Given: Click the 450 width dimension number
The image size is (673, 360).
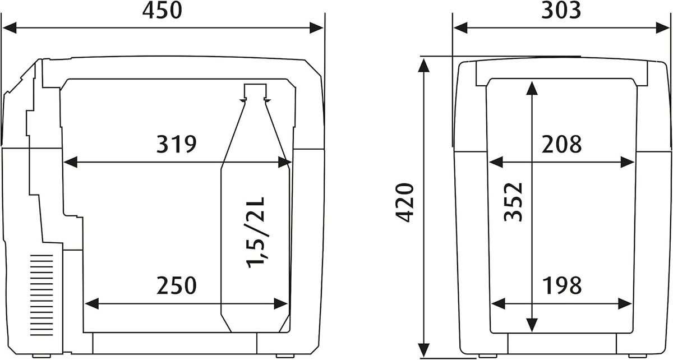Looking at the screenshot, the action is pos(162,11).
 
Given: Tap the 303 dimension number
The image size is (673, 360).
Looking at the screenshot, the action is pos(561,11).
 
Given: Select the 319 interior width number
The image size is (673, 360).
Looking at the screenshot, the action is pos(176,144).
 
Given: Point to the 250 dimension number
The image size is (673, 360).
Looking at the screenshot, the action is pos(176,285).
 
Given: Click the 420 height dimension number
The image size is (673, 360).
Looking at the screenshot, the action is pos(404,203).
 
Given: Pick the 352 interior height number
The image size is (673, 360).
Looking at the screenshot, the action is pos(513,202).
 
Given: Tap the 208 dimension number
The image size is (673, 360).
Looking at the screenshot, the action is pos(561,145).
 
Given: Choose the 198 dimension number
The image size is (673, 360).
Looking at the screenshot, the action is pos(562,285).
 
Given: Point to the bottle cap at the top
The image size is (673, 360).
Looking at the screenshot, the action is pos(255,91).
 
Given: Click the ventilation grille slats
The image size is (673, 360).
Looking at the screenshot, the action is pos(42,295).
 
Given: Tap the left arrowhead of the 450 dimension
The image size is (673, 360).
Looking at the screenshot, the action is pos(10,28).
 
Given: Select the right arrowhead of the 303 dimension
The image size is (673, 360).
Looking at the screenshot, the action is pos(663,28).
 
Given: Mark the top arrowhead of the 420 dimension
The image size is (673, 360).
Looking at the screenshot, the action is pos(423,66).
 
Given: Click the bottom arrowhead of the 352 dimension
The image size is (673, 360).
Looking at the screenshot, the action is pos(532,325).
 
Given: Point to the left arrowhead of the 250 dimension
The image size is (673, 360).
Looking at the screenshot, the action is pos(92,304).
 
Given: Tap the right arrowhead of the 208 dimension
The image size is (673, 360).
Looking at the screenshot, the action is pos(628,163).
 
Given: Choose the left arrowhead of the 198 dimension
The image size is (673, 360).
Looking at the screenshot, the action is pos(498,304).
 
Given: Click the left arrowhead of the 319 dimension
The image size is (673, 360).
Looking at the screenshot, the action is pos(71,162).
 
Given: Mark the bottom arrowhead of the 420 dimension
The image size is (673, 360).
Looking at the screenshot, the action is pos(423,350).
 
